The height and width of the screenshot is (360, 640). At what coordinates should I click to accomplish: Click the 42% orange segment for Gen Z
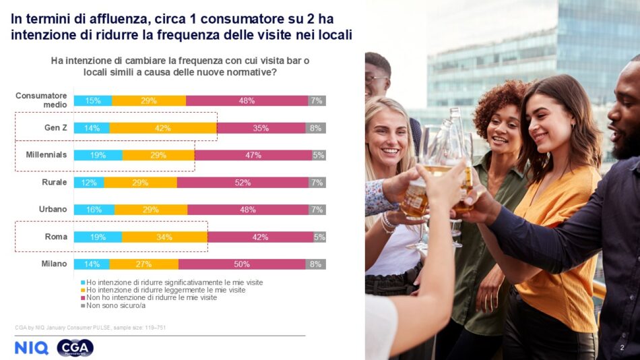pos(163,127)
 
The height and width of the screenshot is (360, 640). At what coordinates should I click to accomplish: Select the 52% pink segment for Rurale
pos(243,183)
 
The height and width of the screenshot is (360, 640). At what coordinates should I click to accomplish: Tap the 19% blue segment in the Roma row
pos(98,237)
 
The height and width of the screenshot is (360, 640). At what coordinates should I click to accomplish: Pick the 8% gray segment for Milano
pos(315,264)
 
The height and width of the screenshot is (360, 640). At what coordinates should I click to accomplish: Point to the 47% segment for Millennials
pos(253,155)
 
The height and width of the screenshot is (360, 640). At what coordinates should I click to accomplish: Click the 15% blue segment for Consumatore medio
pos(93,100)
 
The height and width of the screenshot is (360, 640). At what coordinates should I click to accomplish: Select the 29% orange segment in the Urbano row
pos(151,210)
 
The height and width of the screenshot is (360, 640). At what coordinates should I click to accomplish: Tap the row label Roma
pos(55,237)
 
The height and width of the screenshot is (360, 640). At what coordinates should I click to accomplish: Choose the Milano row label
pos(54,264)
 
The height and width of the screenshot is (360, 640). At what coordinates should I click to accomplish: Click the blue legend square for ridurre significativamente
pos(83,282)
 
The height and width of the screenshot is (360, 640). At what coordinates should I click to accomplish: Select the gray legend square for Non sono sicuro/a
pos(83,305)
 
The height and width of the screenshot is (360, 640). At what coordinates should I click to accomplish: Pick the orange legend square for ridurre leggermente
pos(83,290)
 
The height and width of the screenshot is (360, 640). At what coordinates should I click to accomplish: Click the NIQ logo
pos(31,348)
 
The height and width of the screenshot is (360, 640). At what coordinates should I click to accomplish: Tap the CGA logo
pos(75,348)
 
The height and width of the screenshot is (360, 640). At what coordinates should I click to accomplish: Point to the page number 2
pos(622,348)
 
